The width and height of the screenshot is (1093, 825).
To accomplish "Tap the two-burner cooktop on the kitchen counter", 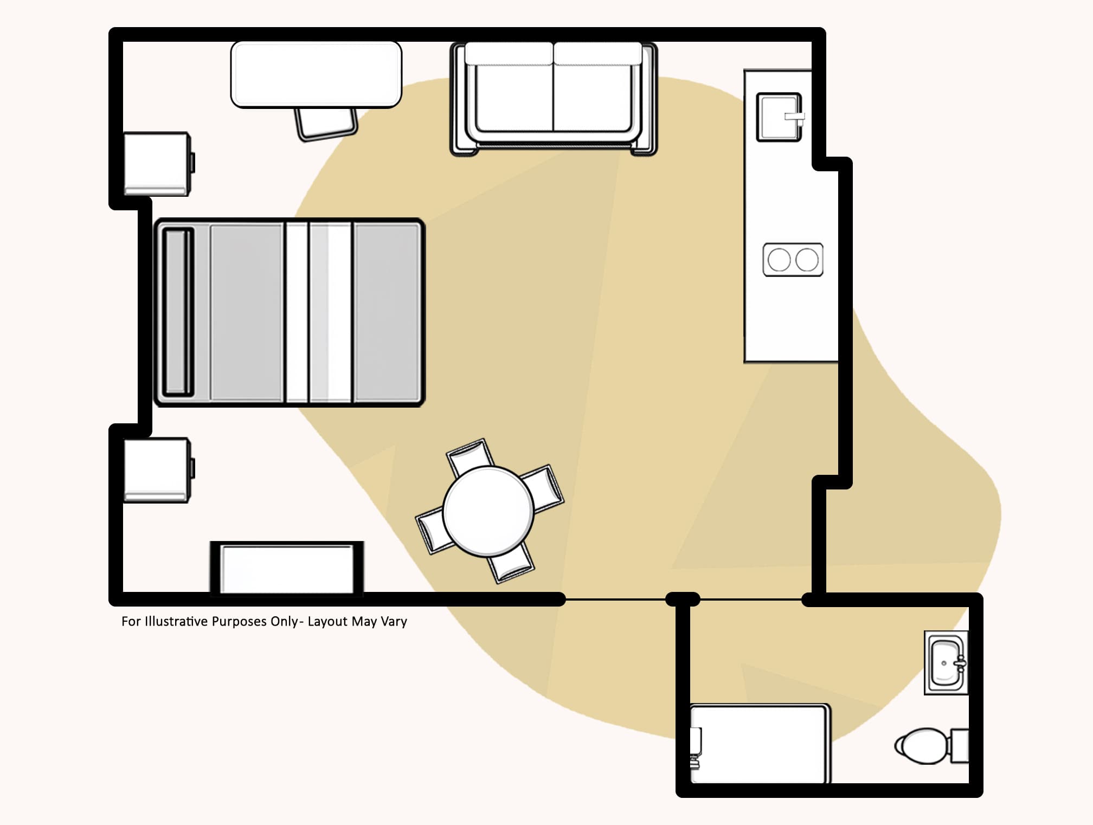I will click(793, 260).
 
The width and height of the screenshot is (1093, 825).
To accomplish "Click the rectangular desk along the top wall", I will click(316, 74).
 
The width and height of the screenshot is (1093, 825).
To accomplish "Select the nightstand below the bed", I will click(156, 470).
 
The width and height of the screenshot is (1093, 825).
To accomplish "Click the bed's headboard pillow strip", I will click(178, 312).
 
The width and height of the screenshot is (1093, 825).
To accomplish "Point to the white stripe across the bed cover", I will click(297, 312).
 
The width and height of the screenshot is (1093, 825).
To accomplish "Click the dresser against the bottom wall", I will click(287, 569).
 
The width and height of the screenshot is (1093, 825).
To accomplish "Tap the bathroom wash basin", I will click(946, 662).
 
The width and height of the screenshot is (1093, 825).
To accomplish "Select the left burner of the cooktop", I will click(779, 260).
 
